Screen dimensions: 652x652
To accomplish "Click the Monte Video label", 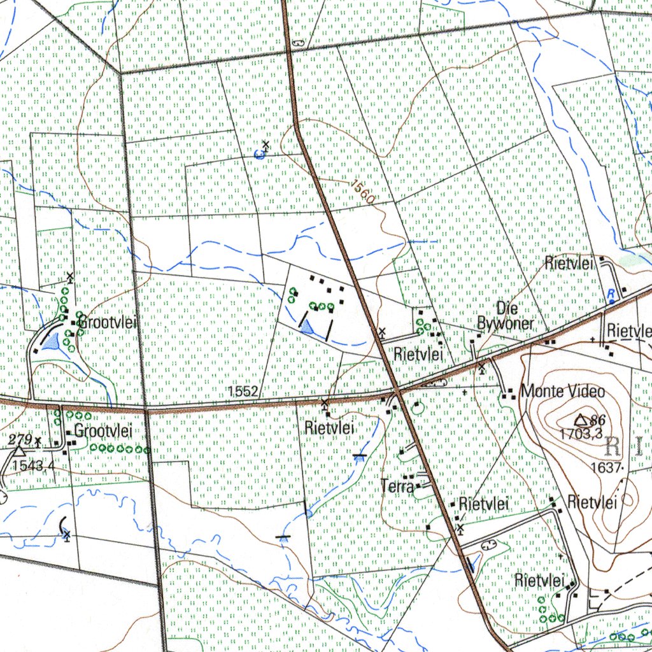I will click(562, 391).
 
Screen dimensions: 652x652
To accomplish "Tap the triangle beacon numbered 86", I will click(581, 420).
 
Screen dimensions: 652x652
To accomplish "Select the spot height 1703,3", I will click(581, 434).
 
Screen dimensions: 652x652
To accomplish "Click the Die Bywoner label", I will click(506, 316).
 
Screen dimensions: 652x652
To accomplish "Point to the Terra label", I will click(397, 486).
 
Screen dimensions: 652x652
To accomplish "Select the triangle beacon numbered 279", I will click(20, 451).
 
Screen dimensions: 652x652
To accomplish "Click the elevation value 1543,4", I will click(32, 465).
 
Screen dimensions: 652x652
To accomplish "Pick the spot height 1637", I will click(606, 467).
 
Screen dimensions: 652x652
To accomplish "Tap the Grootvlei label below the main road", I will click(103, 431).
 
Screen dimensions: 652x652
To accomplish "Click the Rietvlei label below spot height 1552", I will click(329, 427).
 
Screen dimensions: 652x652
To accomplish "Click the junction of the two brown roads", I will click(395, 389).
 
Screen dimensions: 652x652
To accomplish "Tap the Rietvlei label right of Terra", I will click(484, 504).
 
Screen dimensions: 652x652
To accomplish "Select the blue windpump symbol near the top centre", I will click(261, 152).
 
